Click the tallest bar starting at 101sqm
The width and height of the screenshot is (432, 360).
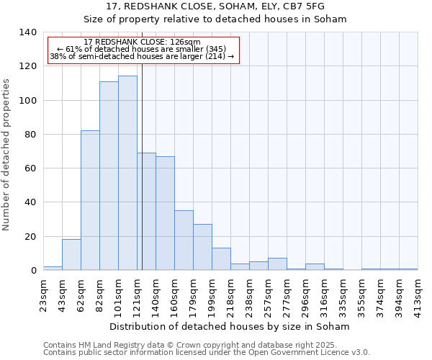(x=127, y=173)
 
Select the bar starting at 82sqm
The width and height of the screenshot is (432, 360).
(x=109, y=176)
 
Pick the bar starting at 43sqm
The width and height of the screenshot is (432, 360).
(x=71, y=255)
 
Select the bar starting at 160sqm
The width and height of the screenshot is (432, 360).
(x=184, y=240)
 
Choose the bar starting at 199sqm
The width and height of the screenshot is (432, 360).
(x=221, y=259)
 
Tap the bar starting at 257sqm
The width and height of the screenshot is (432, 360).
(x=277, y=264)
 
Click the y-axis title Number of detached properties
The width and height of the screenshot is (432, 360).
(x=7, y=155)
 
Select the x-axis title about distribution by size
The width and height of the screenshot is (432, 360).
(x=230, y=326)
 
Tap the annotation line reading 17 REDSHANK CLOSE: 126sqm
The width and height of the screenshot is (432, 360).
(x=143, y=42)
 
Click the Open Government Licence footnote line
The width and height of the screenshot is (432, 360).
(x=207, y=353)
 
